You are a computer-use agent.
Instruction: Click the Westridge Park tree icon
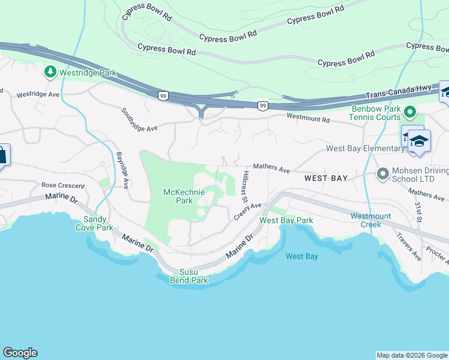[50, 72]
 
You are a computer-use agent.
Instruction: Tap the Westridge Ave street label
[38, 95]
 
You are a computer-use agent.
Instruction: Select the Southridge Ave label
[139, 119]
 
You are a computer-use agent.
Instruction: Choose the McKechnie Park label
[184, 196]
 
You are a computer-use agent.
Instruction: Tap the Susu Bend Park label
[188, 276]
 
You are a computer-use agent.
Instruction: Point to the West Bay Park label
[286, 220]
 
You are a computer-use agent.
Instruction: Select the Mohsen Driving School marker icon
[382, 174]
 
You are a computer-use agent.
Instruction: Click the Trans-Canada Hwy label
[399, 92]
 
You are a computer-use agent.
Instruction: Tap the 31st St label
[418, 211]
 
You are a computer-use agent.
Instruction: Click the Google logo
[20, 353]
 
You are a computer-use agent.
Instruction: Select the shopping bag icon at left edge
[2, 155]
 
